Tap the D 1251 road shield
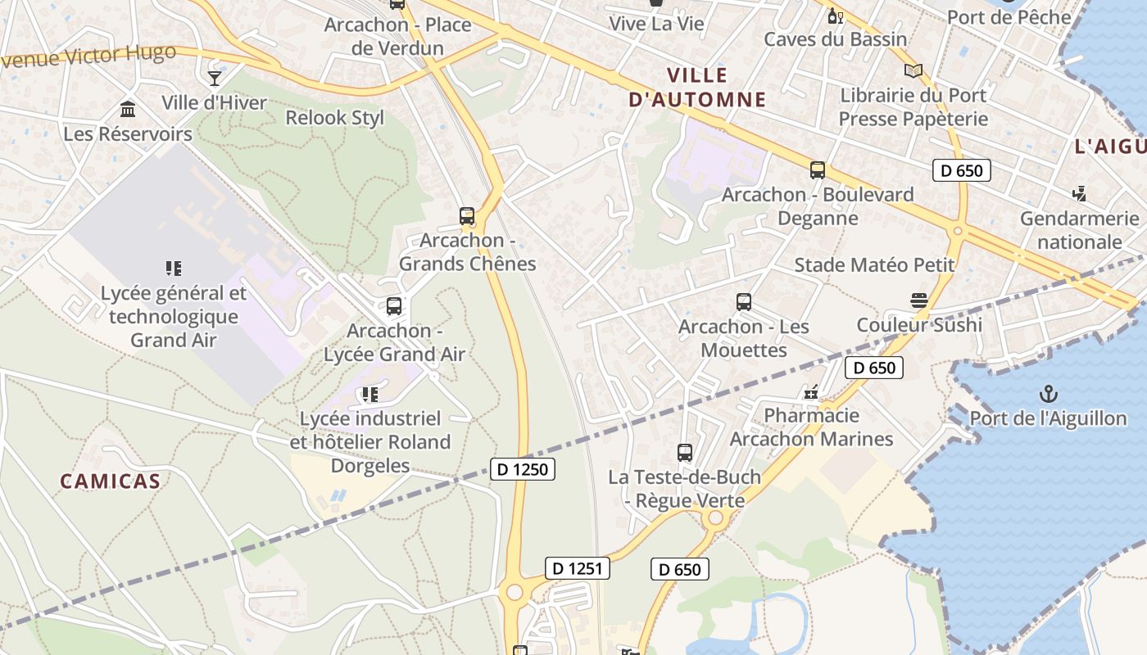(578, 568)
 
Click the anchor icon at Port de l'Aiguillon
(1048, 395)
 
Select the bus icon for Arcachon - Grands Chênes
(467, 216)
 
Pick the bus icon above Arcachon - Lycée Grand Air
(394, 306)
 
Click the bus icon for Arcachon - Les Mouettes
(743, 302)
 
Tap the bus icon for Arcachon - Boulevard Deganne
(817, 170)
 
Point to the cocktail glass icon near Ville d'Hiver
(215, 79)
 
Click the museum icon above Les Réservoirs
(128, 109)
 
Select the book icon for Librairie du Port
(913, 71)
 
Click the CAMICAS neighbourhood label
(110, 481)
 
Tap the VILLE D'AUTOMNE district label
(697, 88)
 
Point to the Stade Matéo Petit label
(874, 265)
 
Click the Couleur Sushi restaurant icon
(918, 300)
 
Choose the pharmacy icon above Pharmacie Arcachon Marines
(811, 392)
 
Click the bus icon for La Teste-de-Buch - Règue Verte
(684, 452)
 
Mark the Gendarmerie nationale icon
(1079, 194)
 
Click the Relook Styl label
(334, 118)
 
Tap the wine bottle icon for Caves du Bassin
(835, 16)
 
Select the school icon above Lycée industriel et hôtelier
(369, 395)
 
